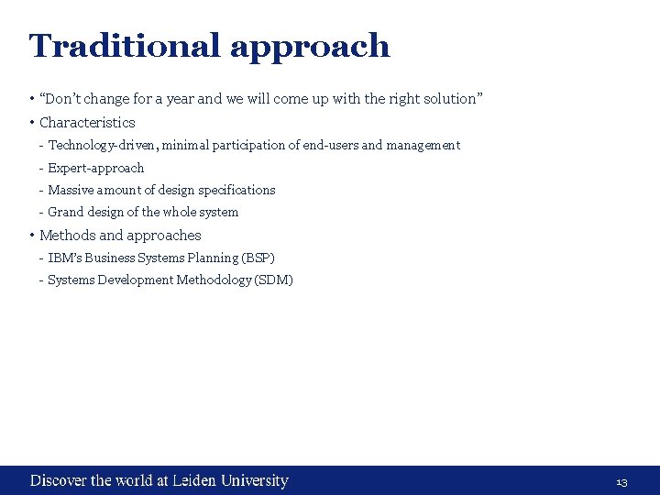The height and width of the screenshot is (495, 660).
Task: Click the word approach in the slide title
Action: click(x=310, y=47)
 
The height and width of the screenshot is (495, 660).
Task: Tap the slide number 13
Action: click(x=621, y=482)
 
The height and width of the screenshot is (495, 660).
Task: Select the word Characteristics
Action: click(x=87, y=122)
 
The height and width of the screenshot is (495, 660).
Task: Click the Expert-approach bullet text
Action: click(x=96, y=168)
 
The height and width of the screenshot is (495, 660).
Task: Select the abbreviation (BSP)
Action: click(x=258, y=258)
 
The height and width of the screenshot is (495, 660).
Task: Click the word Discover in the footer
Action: click(x=59, y=480)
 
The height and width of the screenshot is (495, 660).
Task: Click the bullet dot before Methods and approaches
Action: click(x=31, y=236)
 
